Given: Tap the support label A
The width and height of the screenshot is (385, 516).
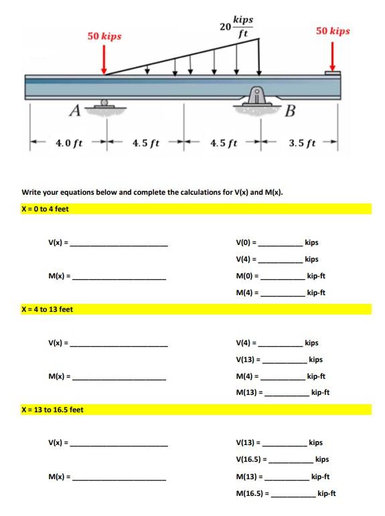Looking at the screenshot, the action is click(x=75, y=109).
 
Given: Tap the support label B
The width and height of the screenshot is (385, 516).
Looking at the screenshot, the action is click(x=290, y=110).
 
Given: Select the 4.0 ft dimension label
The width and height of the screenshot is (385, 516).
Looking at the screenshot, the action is click(x=69, y=143).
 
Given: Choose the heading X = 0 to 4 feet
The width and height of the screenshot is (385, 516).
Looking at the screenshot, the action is click(x=46, y=209).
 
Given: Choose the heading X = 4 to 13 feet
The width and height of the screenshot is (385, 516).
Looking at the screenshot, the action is click(x=48, y=309).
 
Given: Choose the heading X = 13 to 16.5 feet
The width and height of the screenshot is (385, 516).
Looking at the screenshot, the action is click(x=53, y=410).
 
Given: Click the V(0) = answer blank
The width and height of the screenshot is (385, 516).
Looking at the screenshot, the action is click(x=281, y=245).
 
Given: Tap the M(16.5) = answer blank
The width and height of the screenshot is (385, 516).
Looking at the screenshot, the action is click(x=293, y=496).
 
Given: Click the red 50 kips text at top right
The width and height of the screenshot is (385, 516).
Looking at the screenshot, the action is click(x=333, y=31).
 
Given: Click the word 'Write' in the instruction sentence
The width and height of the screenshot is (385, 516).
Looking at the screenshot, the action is click(x=33, y=192).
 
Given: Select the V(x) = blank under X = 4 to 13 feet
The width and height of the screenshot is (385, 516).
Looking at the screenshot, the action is click(x=120, y=345).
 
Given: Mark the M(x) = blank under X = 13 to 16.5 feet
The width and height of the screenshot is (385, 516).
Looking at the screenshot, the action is click(x=120, y=479).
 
